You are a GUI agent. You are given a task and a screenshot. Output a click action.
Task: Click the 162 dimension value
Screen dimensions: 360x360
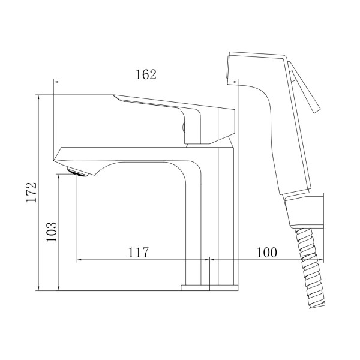click(146, 74)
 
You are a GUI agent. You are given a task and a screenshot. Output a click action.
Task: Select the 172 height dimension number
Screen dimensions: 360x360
click(31, 192)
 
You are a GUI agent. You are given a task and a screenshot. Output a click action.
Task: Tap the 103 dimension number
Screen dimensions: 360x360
click(52, 232)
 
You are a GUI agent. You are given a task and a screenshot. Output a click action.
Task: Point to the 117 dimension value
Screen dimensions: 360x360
click(138, 253)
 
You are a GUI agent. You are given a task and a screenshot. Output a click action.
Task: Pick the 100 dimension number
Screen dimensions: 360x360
click(266, 253)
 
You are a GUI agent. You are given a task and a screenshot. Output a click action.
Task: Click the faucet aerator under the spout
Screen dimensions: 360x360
click(77, 172)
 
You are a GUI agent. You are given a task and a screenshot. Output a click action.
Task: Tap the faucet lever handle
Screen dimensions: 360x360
click(175, 119)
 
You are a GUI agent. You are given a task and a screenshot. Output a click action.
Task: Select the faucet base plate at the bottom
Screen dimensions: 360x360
click(209, 288)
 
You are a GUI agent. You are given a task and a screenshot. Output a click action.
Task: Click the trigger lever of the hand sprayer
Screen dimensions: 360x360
click(304, 87)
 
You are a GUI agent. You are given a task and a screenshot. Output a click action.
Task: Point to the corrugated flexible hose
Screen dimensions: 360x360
click(310, 268)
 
